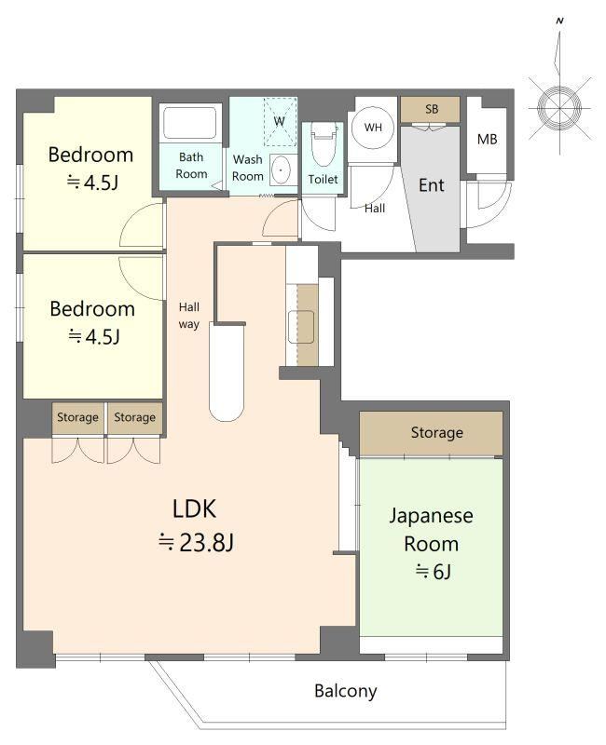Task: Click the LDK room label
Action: [x=194, y=508]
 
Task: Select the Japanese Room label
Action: [x=431, y=529]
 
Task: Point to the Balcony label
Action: [x=345, y=690]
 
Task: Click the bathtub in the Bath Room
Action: [x=190, y=123]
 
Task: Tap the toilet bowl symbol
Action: [x=324, y=144]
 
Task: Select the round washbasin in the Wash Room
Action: [x=282, y=169]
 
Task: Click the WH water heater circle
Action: [x=373, y=128]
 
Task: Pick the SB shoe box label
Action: [x=432, y=109]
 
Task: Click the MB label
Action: [x=487, y=139]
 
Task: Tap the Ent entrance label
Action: [x=431, y=184]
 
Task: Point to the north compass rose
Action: [x=560, y=108]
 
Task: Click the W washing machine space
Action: [x=280, y=121]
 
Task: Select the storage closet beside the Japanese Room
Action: [x=431, y=433]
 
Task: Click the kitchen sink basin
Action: [x=300, y=327]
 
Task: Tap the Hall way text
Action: [x=189, y=316]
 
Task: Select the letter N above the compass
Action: [x=560, y=20]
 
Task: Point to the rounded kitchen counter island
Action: [x=227, y=372]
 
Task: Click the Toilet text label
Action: [x=323, y=179]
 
